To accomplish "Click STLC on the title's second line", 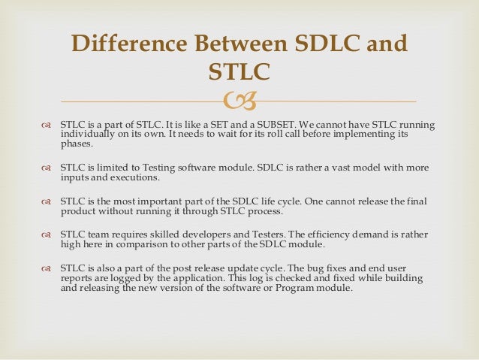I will (x=239, y=72).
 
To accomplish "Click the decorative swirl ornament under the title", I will (x=239, y=101).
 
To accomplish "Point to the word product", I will (x=78, y=212).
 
